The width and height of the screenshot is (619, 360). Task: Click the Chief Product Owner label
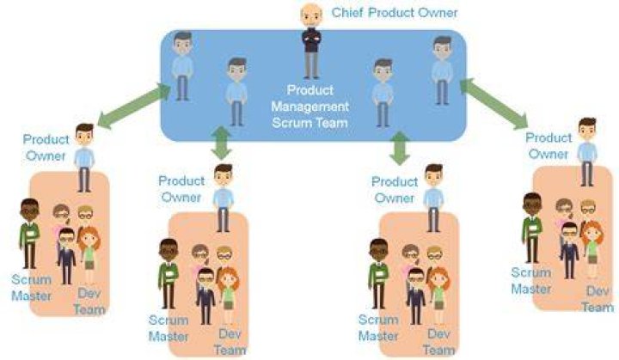(395, 13)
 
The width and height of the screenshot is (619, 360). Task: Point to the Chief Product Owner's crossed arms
(311, 39)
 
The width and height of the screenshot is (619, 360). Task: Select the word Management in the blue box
(309, 107)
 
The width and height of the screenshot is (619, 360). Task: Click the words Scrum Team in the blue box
(309, 123)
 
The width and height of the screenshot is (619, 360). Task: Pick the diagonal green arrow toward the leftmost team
(133, 105)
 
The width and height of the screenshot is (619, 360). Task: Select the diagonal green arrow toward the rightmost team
(493, 103)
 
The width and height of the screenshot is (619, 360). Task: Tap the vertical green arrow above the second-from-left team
(221, 143)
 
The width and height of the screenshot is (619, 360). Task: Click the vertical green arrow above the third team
(400, 148)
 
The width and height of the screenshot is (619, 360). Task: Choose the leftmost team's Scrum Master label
(31, 288)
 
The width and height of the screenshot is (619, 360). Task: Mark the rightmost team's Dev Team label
(598, 299)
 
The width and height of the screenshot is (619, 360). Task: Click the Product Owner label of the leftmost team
(46, 147)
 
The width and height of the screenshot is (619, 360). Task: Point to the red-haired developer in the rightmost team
(591, 249)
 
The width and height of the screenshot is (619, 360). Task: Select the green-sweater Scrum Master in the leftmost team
(29, 234)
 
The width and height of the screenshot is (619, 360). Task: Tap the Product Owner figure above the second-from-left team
(224, 198)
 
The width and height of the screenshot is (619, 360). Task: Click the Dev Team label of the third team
(438, 342)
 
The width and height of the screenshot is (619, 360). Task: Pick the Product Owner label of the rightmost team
(549, 146)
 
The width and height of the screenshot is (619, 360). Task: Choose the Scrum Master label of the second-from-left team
(169, 328)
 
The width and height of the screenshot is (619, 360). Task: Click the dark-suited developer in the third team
(416, 296)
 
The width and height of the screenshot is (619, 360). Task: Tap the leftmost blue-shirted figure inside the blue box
(182, 66)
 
